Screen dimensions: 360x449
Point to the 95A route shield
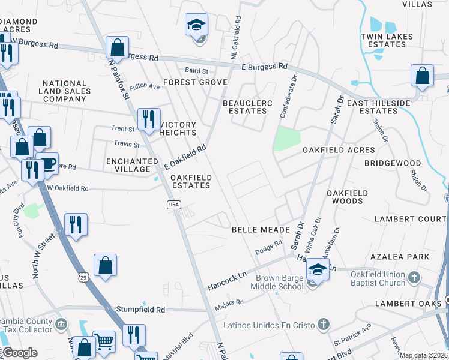click(x=173, y=205)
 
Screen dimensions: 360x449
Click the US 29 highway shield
click(x=83, y=277)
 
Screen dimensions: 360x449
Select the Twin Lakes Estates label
click(x=387, y=40)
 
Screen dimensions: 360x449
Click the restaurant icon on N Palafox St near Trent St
click(x=149, y=119)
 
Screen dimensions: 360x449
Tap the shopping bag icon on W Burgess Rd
click(x=117, y=47)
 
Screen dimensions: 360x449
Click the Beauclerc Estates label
click(x=244, y=107)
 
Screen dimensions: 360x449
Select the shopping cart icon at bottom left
click(x=104, y=342)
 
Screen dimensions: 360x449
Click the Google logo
click(x=20, y=353)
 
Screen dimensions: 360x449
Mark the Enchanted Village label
click(x=132, y=166)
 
